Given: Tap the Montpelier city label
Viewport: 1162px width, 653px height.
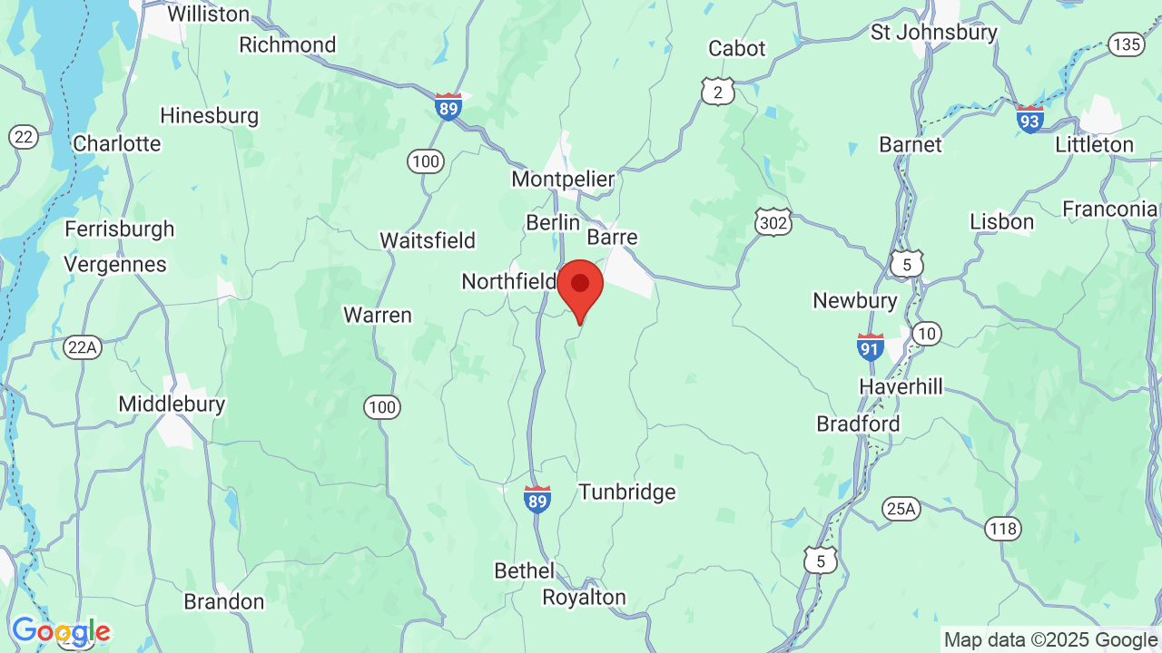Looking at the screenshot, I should pyautogui.click(x=563, y=179).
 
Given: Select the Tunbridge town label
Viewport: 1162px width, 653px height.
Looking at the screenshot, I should pyautogui.click(x=627, y=492).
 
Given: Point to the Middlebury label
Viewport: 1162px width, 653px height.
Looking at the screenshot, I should pyautogui.click(x=172, y=404).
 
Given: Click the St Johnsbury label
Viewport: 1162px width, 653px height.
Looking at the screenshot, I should pyautogui.click(x=933, y=32).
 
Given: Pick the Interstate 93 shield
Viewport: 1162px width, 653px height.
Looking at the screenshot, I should pyautogui.click(x=1029, y=118).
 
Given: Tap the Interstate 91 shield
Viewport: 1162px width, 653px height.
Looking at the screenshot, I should pyautogui.click(x=871, y=346).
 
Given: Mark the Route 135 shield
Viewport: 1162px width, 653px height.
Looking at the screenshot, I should pyautogui.click(x=1127, y=44).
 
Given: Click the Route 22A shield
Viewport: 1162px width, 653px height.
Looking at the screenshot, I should pyautogui.click(x=82, y=347).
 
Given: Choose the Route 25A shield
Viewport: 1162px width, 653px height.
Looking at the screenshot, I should pyautogui.click(x=901, y=509).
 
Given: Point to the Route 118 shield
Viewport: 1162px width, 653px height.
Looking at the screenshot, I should pyautogui.click(x=1003, y=529).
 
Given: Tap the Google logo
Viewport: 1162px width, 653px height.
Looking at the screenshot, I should pyautogui.click(x=61, y=631).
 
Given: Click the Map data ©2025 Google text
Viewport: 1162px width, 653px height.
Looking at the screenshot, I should pyautogui.click(x=1050, y=640).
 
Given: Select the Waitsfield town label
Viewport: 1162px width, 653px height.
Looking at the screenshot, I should pyautogui.click(x=427, y=240).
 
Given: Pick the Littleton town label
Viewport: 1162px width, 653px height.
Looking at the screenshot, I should pyautogui.click(x=1094, y=144).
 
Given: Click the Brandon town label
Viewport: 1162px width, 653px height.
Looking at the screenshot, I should pyautogui.click(x=224, y=601).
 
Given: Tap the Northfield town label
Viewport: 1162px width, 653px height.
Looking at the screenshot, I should pyautogui.click(x=508, y=281).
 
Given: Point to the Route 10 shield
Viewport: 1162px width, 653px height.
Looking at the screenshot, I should pyautogui.click(x=926, y=334).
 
